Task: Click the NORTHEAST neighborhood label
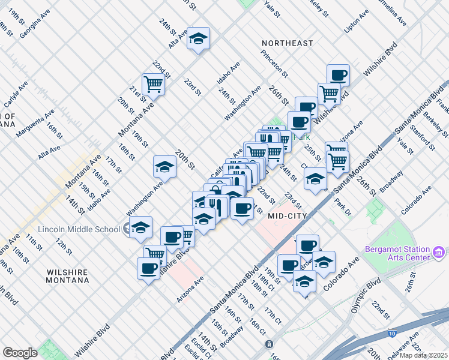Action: [x=287, y=43]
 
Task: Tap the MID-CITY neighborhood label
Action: [x=288, y=215]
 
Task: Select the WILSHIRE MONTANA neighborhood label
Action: [x=67, y=276]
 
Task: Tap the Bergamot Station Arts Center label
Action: [x=397, y=253]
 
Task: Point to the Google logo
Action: [x=20, y=353]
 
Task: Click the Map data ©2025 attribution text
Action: [x=424, y=355]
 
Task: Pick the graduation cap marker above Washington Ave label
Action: [x=164, y=166]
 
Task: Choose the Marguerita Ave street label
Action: [x=37, y=122]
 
